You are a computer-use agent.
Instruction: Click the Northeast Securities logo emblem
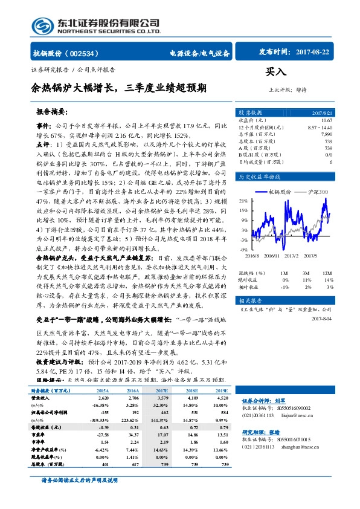tap(40, 24)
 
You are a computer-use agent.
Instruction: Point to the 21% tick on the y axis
tap(243, 199)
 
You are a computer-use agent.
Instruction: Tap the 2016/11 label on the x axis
tap(271, 256)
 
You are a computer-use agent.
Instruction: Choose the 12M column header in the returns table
tap(327, 273)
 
